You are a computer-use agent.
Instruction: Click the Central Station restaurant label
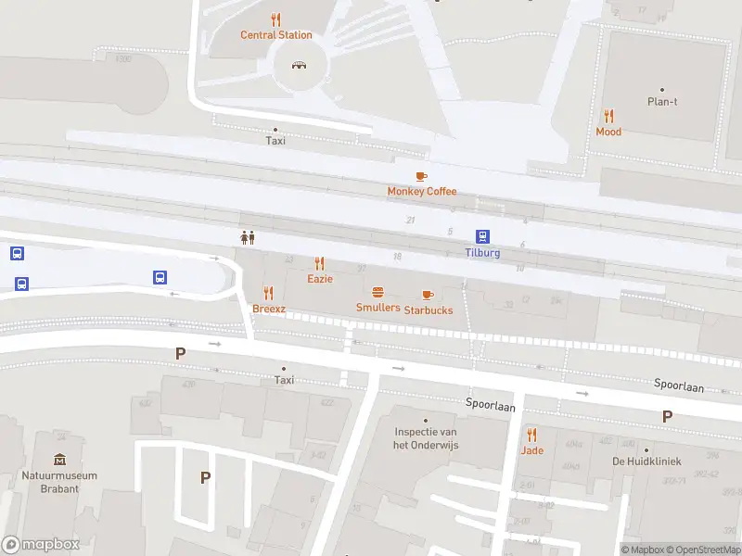point(276,35)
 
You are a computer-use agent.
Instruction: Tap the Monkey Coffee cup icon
point(421,176)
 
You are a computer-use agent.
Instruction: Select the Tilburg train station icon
point(482,236)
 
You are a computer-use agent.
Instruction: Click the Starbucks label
point(428,310)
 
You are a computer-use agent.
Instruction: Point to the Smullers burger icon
point(377,293)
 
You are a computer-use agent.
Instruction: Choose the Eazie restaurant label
point(320,278)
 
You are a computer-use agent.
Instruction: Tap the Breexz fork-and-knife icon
point(269,293)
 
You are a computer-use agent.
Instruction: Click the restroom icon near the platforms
point(248,237)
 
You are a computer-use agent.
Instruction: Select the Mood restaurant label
point(608,132)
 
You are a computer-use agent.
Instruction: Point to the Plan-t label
point(661,102)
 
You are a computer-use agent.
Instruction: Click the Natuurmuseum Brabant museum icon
point(60,460)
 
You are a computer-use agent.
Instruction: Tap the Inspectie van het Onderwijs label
point(426,438)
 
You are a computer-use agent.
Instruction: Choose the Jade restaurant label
point(531,450)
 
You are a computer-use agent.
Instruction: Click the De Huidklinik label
point(646,461)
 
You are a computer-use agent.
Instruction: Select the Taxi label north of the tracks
point(275,141)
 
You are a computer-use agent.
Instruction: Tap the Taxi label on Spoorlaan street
point(284,380)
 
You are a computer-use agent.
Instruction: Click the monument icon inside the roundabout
point(300,65)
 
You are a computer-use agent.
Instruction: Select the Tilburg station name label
point(482,253)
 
